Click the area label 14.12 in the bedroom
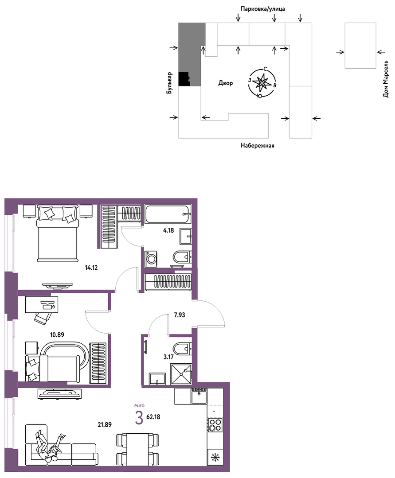click(91, 268)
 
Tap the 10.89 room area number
click(57, 335)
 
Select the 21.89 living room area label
click(105, 424)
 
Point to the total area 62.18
click(153, 417)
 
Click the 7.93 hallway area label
click(180, 315)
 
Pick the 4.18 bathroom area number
click(168, 230)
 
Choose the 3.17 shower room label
click(168, 357)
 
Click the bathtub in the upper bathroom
click(168, 214)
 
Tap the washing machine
click(150, 259)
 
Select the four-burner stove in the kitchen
click(215, 425)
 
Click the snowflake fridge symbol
click(215, 457)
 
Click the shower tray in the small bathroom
click(181, 374)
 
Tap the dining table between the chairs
click(138, 449)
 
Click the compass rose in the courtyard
click(262, 82)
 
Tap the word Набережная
click(258, 146)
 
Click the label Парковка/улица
click(262, 9)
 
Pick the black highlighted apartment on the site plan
click(184, 79)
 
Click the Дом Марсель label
click(386, 79)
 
